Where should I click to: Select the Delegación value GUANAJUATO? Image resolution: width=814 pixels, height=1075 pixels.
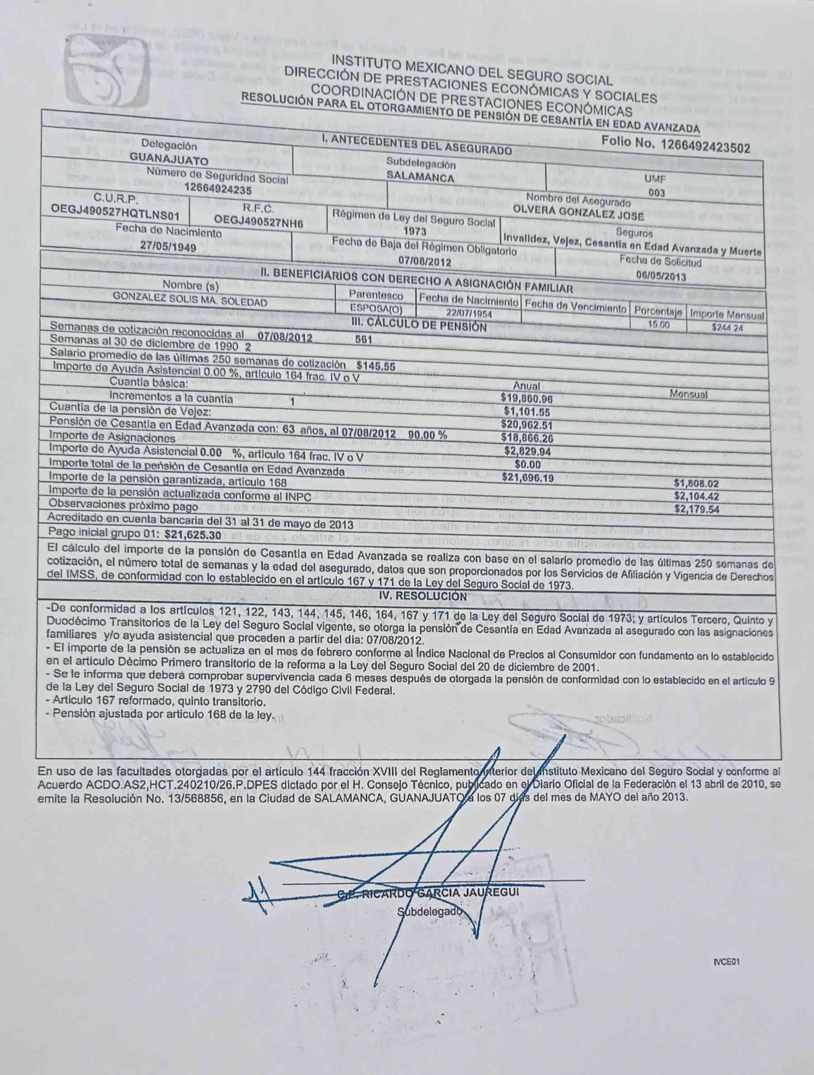tap(169, 159)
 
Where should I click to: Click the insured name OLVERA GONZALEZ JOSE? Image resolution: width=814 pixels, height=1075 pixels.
tap(578, 215)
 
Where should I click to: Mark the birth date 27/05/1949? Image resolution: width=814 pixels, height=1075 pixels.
tap(168, 247)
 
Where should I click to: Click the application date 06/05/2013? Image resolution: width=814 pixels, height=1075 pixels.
tap(661, 276)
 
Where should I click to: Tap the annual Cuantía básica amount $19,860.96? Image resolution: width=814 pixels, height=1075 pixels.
tap(527, 398)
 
